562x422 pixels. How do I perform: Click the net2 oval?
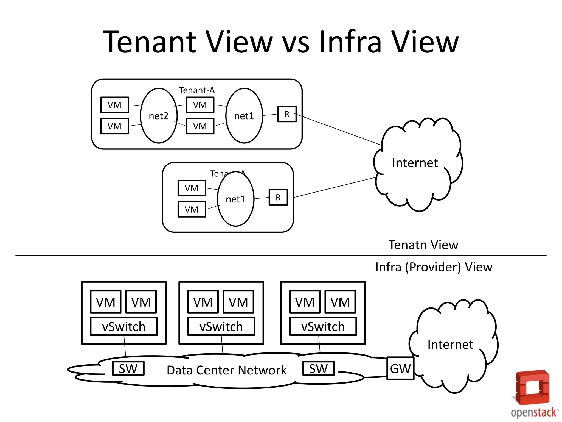[x=159, y=116]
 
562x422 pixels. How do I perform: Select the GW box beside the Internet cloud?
[x=400, y=368]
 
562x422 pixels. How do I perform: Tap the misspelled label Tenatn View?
[x=423, y=245]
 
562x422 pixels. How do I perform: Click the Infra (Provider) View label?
[x=434, y=267]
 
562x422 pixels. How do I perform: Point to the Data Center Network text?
[x=226, y=370]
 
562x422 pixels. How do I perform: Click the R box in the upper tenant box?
[x=287, y=114]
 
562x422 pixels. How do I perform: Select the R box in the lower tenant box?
[x=278, y=197]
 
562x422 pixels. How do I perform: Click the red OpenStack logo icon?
[x=533, y=387]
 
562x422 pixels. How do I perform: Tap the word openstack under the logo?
[x=534, y=412]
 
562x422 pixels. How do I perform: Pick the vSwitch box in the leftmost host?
[x=124, y=326]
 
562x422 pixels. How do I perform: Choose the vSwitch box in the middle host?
[x=221, y=326]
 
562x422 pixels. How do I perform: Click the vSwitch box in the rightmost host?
[x=323, y=326]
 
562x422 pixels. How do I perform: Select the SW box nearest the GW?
[x=318, y=368]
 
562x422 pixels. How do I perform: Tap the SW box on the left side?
[x=128, y=368]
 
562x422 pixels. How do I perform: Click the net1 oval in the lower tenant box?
[x=235, y=199]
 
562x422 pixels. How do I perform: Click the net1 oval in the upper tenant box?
[x=244, y=116]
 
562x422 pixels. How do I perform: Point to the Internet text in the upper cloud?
[x=415, y=163]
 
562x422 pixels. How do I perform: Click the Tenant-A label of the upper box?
[x=196, y=90]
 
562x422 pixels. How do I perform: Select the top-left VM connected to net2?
[x=114, y=105]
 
